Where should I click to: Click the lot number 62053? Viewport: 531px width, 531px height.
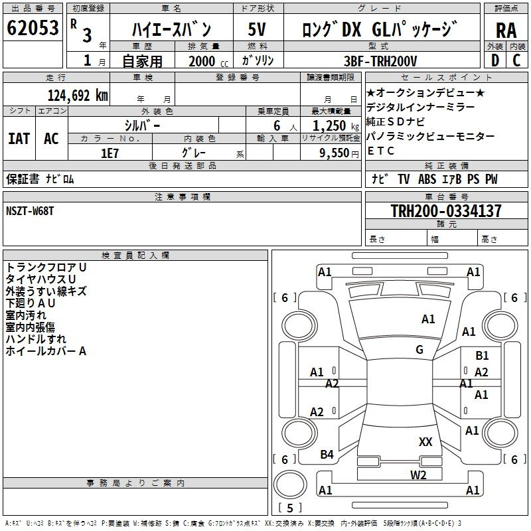(33, 27)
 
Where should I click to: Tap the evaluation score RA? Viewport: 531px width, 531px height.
(506, 31)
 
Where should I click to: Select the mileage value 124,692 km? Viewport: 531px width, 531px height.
(78, 96)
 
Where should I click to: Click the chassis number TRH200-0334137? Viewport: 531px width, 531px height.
(446, 210)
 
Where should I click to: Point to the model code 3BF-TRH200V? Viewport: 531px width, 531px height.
(380, 61)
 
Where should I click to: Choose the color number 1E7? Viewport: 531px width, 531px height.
(110, 153)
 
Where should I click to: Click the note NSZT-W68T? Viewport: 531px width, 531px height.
(30, 211)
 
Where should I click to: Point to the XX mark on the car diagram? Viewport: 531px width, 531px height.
(425, 441)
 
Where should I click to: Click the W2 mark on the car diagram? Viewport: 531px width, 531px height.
(418, 475)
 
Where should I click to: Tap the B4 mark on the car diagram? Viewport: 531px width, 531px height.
(327, 455)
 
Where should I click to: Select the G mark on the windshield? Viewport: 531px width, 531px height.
(419, 350)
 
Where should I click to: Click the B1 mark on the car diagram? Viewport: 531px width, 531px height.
(482, 356)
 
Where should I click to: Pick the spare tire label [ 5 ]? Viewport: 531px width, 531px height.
(290, 508)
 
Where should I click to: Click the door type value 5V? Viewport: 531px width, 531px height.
(257, 29)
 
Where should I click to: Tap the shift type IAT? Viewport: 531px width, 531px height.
(19, 139)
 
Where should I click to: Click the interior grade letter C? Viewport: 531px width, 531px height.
(516, 60)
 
